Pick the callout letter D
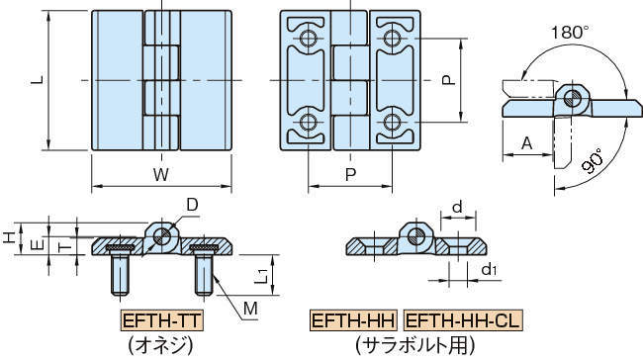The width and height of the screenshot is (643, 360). tap(192, 205)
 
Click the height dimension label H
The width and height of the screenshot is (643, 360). tap(8, 238)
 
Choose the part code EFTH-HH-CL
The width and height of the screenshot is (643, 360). tap(462, 321)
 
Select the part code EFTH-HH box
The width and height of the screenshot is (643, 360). tap(353, 321)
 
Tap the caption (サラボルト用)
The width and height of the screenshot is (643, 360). tap(414, 345)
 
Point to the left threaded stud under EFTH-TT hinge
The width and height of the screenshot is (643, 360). tap(121, 273)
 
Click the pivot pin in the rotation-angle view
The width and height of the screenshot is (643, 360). tap(570, 96)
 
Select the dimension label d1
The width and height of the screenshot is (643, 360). tap(489, 269)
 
